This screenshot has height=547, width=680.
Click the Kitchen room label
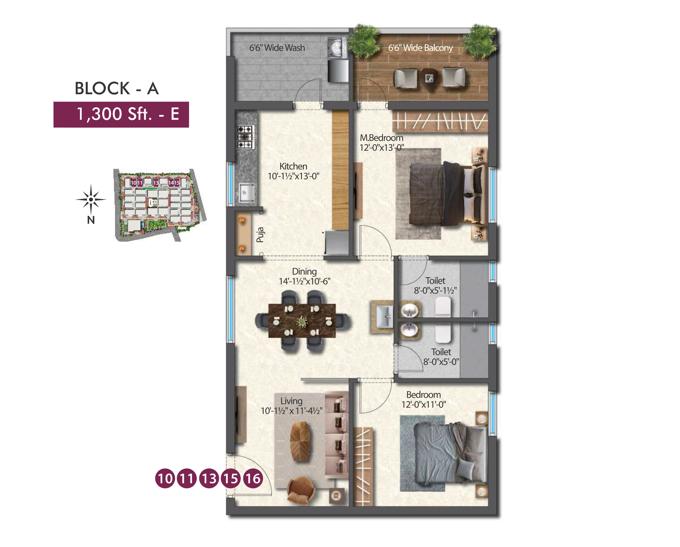(x=293, y=166)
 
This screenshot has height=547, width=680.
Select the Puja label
(x=260, y=235)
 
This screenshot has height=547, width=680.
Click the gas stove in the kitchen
(x=245, y=137)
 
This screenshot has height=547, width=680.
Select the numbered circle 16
(x=253, y=479)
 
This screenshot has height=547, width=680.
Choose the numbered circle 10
(x=165, y=479)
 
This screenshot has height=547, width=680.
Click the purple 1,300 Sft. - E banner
(x=121, y=114)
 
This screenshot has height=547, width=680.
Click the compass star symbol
(x=91, y=199)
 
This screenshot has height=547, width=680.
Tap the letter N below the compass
(x=91, y=220)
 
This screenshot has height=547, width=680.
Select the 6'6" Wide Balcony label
(x=420, y=48)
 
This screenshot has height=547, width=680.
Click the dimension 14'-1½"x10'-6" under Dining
(x=304, y=281)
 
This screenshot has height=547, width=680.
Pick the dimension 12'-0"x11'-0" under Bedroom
(x=423, y=404)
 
